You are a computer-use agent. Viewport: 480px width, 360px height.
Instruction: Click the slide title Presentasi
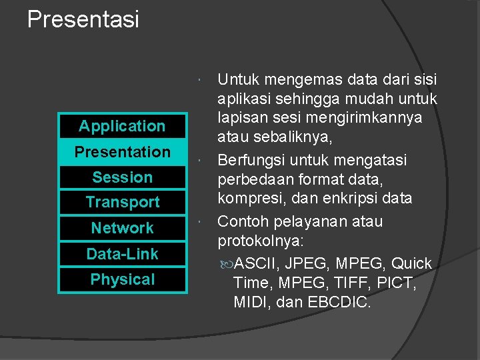83,19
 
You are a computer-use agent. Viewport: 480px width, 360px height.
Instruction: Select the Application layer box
122,126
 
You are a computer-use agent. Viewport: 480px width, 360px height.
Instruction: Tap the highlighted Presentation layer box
122,152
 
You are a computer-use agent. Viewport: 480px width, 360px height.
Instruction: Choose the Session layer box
122,177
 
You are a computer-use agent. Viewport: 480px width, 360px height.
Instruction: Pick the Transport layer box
122,202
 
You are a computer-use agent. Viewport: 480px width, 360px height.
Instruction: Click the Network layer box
122,228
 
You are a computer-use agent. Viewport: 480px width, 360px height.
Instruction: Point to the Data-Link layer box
122,254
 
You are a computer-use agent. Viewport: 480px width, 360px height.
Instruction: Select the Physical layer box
122,280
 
